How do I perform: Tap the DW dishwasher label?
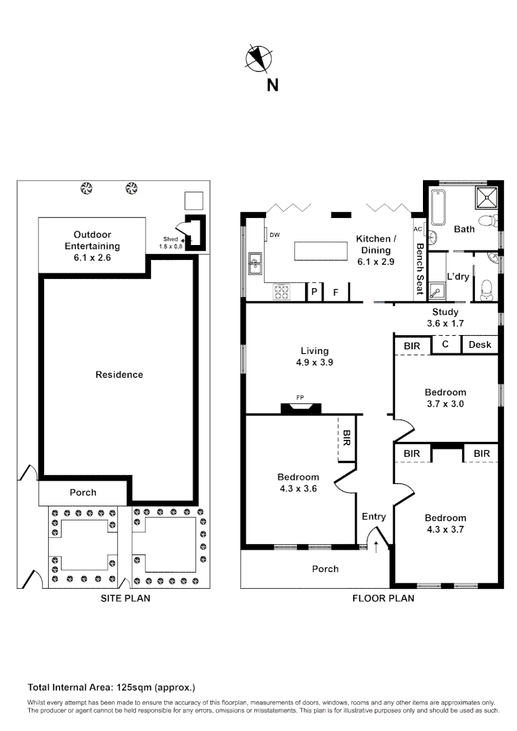[x=274, y=236]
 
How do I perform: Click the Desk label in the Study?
[x=480, y=345]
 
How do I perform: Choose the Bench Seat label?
[x=420, y=269]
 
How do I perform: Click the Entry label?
[x=374, y=516]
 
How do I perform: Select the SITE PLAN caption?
[x=125, y=598]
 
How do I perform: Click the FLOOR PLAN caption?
[x=383, y=598]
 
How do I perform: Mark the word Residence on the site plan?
[x=119, y=374]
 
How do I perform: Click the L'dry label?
[x=459, y=276]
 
